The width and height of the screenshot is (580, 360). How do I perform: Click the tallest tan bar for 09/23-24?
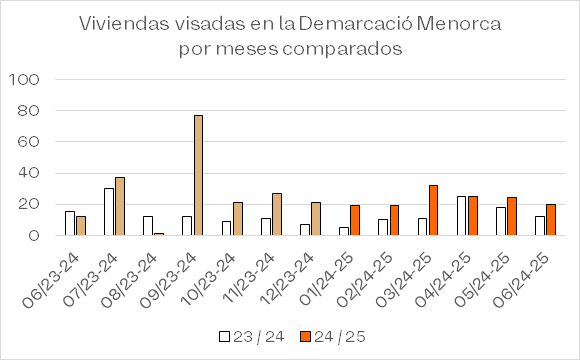(198, 175)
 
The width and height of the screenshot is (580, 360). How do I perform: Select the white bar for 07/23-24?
(109, 212)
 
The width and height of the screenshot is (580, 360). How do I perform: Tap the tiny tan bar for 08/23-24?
(159, 234)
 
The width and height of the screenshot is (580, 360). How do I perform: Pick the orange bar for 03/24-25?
(433, 210)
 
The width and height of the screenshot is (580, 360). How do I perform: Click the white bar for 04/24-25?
(462, 216)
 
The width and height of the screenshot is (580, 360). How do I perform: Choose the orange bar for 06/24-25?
(551, 220)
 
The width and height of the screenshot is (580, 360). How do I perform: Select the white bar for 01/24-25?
(344, 231)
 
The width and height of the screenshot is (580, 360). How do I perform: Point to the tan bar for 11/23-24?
(277, 214)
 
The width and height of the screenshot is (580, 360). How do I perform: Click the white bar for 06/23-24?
(70, 223)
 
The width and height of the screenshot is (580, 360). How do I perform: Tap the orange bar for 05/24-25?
(512, 216)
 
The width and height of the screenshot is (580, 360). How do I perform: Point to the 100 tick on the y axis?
(24, 80)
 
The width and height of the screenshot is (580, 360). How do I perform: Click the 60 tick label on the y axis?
(28, 142)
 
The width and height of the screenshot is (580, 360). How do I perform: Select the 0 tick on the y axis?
(33, 236)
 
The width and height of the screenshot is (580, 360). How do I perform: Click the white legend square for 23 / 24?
(225, 337)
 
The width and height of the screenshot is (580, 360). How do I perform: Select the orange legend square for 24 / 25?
(305, 337)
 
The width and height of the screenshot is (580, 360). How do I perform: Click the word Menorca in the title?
(459, 24)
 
